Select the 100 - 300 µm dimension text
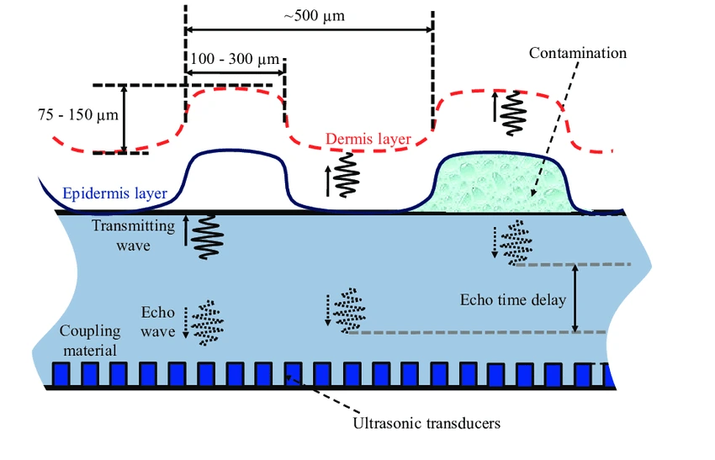pos(235,59)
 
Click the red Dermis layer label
pos(368,139)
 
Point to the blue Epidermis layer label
pos(114,193)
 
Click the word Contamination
pos(577,53)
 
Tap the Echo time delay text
pos(513,299)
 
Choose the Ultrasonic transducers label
pos(427,422)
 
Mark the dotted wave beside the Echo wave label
pos(204,322)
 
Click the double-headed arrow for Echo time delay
pos(575,299)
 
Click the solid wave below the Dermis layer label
pos(345,175)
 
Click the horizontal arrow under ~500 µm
pos(309,29)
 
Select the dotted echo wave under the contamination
pos(516,242)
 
